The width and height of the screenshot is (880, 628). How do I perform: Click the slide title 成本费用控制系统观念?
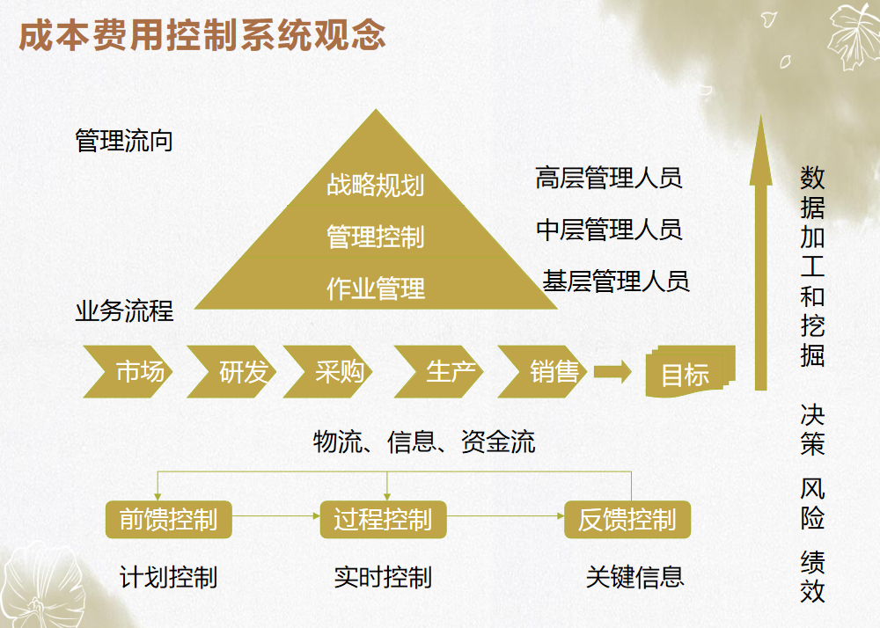(x=202, y=36)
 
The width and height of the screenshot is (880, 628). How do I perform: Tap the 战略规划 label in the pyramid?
(x=376, y=185)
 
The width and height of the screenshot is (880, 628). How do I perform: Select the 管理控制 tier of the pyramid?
(x=376, y=237)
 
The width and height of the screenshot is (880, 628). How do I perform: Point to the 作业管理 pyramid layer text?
(x=376, y=288)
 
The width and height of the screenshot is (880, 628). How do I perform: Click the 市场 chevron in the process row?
(x=129, y=372)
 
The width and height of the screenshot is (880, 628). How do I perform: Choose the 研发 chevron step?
(x=233, y=372)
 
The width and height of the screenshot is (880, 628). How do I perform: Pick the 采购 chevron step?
(x=330, y=372)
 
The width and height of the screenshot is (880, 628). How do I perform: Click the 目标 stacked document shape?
(x=686, y=374)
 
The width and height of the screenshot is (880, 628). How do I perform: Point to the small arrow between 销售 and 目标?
(x=612, y=372)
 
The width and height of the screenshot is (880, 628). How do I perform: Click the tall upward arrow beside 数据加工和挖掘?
(x=760, y=264)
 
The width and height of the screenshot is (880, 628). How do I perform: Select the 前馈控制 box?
(x=168, y=520)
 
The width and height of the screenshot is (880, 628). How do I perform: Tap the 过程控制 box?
(x=383, y=520)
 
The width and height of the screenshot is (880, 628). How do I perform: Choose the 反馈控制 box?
(x=627, y=520)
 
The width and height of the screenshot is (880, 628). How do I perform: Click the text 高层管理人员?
(x=609, y=178)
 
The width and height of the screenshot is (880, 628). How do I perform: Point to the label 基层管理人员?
(x=616, y=281)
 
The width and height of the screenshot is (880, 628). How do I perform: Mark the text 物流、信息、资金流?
(x=424, y=442)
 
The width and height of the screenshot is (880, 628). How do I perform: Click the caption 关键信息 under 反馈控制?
(x=635, y=577)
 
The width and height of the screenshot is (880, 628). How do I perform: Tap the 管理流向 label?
(x=124, y=141)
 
